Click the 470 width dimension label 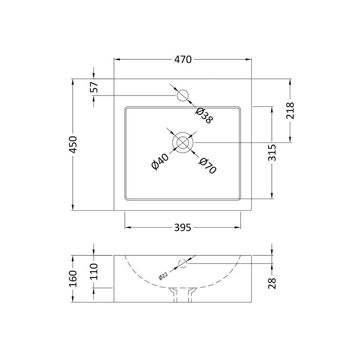pyautogui.click(x=183, y=60)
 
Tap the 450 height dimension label pyautogui.click(x=73, y=144)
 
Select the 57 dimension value pyautogui.click(x=94, y=87)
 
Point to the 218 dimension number pyautogui.click(x=290, y=110)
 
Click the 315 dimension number pyautogui.click(x=272, y=153)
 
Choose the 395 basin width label pyautogui.click(x=183, y=228)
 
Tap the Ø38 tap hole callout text pyautogui.click(x=204, y=115)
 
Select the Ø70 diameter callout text pyautogui.click(x=207, y=166)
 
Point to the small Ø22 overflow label pyautogui.click(x=164, y=276)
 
